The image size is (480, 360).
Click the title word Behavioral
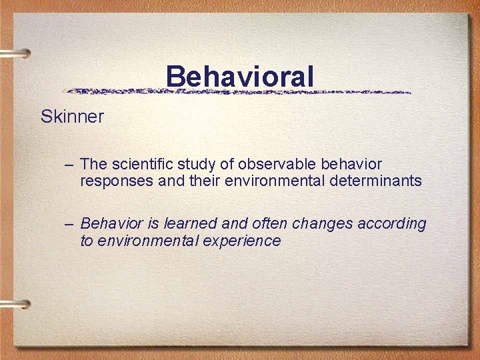click(239, 76)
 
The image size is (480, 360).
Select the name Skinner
click(72, 117)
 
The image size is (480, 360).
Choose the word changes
click(317, 224)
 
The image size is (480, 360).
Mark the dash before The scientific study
click(70, 165)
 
